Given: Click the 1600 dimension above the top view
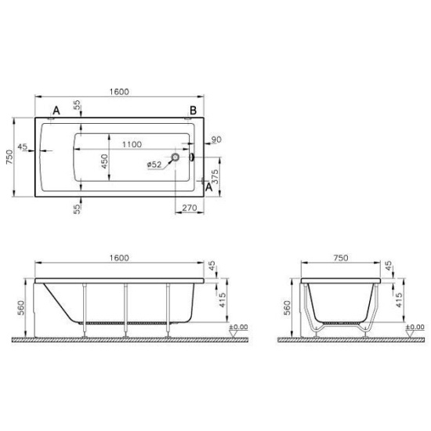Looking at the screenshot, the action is pos(119,92).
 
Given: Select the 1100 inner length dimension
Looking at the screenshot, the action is pos(132,144).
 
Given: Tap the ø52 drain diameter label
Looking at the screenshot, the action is pos(154,165).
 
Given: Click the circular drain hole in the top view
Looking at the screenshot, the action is pos(176,158).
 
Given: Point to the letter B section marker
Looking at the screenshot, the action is pos(194,110).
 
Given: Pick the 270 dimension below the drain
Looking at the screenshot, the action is pos(190,208).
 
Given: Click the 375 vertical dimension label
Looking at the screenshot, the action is pos(215,176).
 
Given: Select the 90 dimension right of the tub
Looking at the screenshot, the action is pos(216,139).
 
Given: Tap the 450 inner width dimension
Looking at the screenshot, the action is pos(104,161).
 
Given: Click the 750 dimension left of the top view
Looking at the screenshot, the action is pos(9,157).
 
